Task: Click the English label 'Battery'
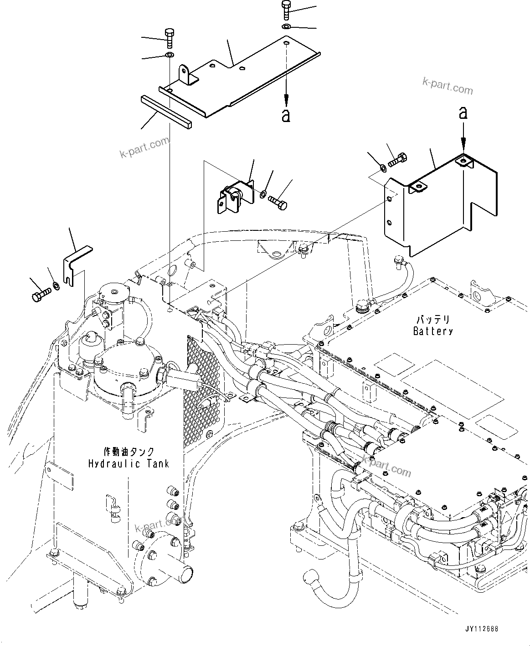(x=432, y=331)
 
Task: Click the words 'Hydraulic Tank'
(x=129, y=463)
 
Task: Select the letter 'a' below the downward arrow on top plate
(x=286, y=116)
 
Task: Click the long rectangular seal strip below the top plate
(x=166, y=110)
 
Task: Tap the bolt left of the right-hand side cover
(x=397, y=160)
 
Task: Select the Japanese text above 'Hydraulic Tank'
(x=129, y=452)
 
